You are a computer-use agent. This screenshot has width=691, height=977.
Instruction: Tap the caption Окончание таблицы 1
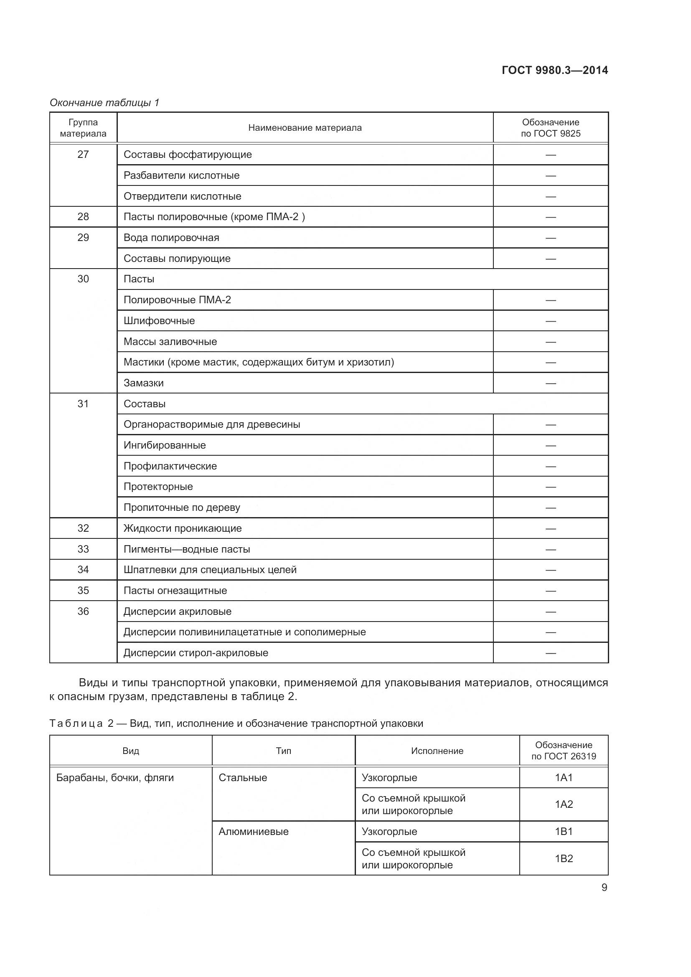pos(104,103)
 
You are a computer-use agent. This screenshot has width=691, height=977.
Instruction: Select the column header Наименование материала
pos(305,128)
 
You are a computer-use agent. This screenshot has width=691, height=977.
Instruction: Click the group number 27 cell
pos(83,155)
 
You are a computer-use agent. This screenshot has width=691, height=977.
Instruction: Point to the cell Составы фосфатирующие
pos(188,155)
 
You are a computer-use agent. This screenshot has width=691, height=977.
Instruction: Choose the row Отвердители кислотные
pos(182,196)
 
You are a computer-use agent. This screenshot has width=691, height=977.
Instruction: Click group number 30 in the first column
pos(83,279)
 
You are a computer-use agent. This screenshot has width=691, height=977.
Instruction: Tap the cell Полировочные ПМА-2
pos(177,300)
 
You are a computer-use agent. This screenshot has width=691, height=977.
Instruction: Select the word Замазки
pos(143,383)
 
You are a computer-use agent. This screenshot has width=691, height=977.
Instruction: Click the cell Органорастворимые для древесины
pos(211,424)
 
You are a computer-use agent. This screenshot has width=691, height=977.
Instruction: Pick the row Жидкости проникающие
pos(183,528)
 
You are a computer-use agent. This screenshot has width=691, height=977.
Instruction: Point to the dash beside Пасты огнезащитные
pos(551,591)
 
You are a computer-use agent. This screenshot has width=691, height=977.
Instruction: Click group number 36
pos(83,612)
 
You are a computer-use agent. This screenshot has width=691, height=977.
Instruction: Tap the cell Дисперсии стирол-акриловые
pos(196,653)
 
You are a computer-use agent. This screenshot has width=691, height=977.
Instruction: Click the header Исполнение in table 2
pos(437,751)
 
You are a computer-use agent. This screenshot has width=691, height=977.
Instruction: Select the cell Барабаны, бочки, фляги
pos(115,778)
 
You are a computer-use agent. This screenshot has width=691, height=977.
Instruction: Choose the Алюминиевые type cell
pos(254,832)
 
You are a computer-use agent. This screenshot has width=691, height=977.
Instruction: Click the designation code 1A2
pos(564,804)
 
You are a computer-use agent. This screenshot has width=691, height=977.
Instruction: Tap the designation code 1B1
pos(564,832)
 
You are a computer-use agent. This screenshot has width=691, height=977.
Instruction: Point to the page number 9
pos(604,887)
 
